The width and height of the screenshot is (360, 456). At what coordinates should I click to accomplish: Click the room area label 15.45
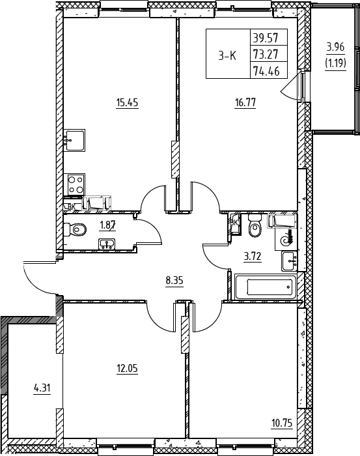127,103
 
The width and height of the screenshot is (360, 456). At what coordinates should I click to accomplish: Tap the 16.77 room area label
245,103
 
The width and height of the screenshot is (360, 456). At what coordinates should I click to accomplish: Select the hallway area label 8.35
174,281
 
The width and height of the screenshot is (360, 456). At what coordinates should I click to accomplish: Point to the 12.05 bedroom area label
127,369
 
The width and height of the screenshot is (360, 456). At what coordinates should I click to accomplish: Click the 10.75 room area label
282,423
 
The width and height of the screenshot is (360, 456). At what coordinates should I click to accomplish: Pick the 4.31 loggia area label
42,388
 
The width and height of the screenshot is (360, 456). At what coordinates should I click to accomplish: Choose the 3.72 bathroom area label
253,257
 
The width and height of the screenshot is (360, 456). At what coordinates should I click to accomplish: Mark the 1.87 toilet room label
108,225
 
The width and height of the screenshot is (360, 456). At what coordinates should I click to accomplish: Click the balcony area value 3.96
336,47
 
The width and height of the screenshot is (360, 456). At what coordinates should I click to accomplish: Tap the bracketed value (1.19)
336,63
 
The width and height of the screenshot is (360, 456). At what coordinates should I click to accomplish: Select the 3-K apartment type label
227,55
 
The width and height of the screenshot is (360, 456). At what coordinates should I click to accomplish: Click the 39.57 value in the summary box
266,38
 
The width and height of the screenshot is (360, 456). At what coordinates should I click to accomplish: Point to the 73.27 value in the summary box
266,54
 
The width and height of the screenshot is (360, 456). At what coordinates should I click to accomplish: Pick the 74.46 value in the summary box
266,70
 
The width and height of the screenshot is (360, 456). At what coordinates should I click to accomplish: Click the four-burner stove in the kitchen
76,184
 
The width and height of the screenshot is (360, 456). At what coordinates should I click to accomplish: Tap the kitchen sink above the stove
76,141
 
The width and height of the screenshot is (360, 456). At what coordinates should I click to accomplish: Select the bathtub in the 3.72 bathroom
266,287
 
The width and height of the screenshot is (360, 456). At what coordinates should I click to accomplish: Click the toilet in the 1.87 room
75,230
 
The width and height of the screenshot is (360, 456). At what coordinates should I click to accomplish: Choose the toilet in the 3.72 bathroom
255,225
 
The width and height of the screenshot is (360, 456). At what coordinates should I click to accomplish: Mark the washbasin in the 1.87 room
107,244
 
